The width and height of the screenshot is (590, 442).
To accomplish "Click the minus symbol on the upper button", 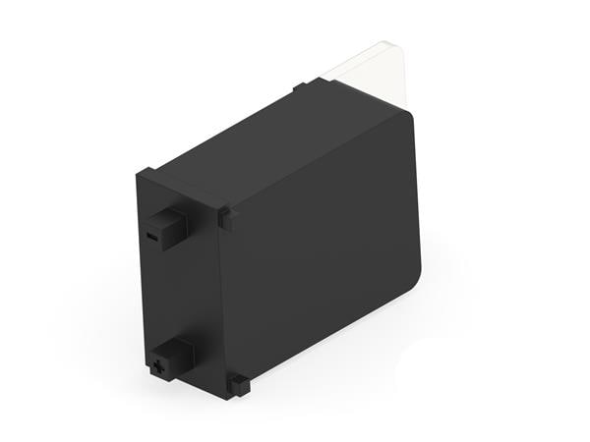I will [x=150, y=237].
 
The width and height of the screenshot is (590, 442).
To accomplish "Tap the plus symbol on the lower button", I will [x=156, y=367].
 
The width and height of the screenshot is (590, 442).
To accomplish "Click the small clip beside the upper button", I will [x=226, y=217].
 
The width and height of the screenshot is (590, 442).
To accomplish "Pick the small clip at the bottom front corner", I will [x=238, y=384].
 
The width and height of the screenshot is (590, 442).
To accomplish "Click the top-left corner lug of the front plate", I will [x=145, y=176].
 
